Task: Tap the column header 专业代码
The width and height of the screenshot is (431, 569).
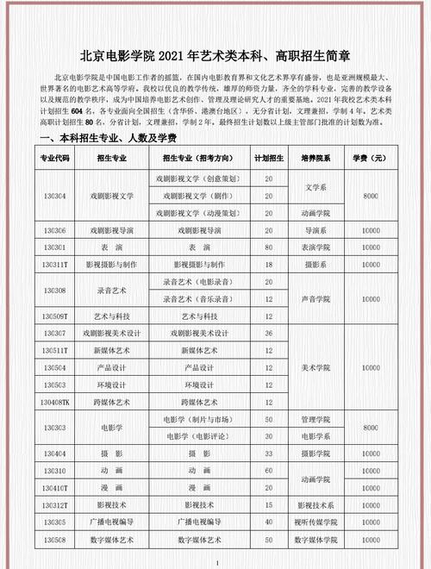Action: tap(53, 159)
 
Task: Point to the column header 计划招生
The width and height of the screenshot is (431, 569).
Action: tap(269, 159)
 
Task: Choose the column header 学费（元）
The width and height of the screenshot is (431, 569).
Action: tap(372, 159)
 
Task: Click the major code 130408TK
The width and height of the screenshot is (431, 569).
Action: tap(53, 402)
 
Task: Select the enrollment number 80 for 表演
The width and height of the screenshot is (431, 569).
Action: tap(269, 247)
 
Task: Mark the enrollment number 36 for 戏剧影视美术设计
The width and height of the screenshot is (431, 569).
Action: tap(269, 333)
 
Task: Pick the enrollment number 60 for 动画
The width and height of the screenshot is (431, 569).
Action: tap(269, 470)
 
